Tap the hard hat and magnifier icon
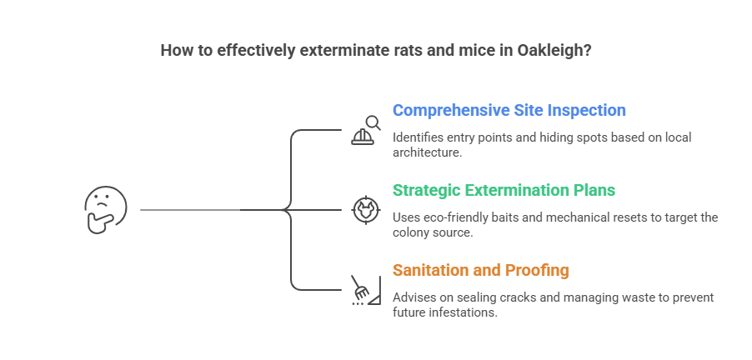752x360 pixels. click(x=364, y=130)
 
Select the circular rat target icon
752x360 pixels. click(x=364, y=210)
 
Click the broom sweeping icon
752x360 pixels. click(x=364, y=290)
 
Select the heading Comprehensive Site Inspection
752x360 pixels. click(x=509, y=110)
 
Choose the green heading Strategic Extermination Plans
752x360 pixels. click(x=504, y=190)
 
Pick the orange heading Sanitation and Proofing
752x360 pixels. click(x=481, y=270)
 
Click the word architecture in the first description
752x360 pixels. click(x=426, y=152)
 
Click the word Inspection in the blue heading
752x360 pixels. click(x=587, y=110)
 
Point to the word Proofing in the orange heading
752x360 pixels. click(x=538, y=270)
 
